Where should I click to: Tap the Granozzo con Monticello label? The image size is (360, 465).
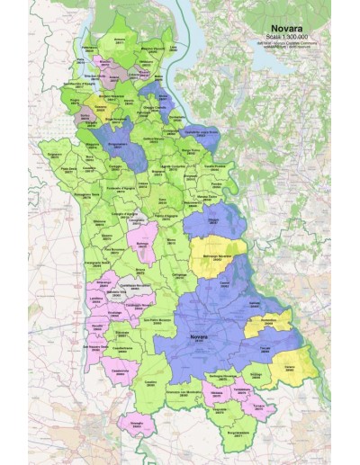184,393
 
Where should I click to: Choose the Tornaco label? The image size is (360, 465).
259,404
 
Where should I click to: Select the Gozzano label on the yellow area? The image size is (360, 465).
100,106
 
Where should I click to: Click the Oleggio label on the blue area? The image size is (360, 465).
213,218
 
